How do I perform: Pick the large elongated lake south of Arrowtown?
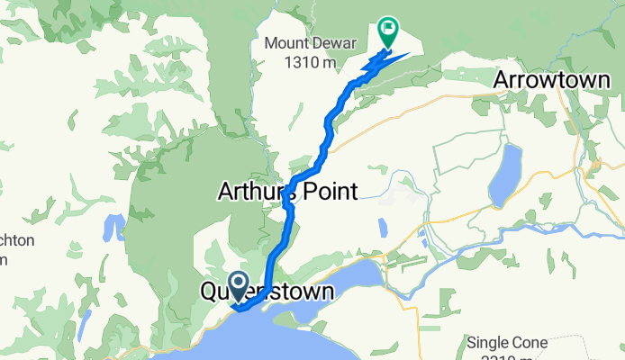(x=504, y=175)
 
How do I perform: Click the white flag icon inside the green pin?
(x=388, y=28)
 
